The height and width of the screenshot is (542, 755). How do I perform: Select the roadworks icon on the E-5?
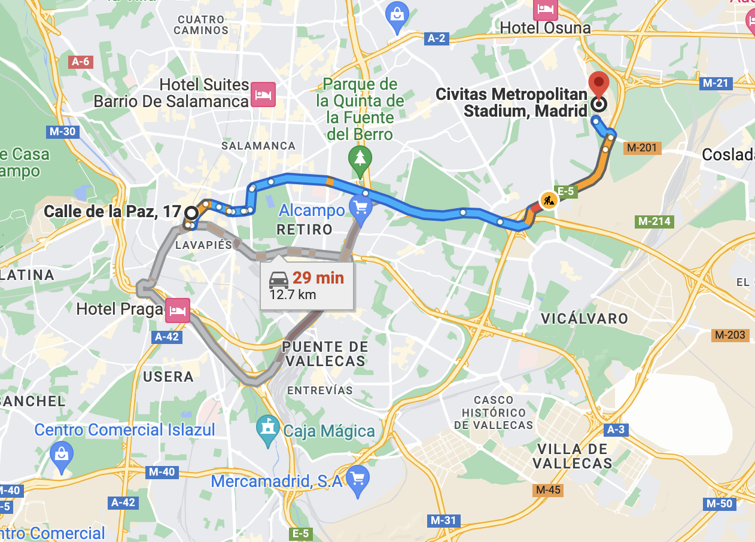(548, 200)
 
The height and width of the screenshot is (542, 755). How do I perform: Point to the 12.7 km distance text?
(293, 294)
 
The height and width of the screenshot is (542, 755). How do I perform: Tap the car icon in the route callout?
(279, 279)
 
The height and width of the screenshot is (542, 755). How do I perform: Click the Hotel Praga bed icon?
(178, 310)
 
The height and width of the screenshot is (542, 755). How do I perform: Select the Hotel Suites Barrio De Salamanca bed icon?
(263, 95)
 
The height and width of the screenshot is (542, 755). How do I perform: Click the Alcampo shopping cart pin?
(360, 208)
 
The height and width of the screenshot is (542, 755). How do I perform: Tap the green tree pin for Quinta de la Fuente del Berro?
(360, 159)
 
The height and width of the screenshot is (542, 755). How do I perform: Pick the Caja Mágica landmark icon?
(267, 428)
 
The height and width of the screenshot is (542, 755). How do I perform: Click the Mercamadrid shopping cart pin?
(357, 479)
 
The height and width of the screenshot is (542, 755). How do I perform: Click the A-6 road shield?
(80, 62)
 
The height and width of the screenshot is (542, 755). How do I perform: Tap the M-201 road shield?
(642, 147)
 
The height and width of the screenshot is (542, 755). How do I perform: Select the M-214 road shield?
(654, 221)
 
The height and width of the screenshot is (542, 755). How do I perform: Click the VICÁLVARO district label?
(584, 318)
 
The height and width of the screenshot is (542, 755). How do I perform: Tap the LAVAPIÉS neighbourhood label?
(203, 245)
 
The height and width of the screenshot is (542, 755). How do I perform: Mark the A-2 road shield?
(436, 38)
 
